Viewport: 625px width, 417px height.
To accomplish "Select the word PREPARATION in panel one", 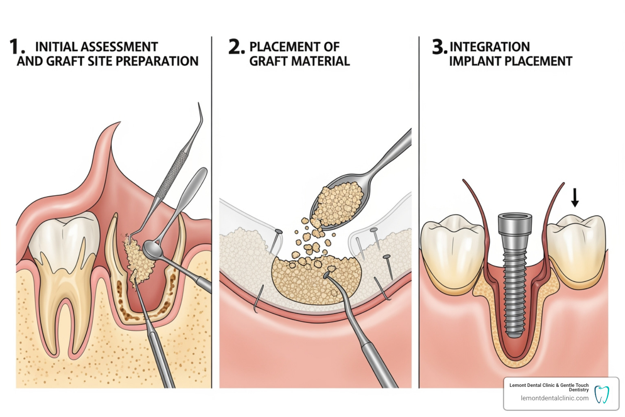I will [160, 61].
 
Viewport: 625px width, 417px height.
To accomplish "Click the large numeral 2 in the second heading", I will [236, 47].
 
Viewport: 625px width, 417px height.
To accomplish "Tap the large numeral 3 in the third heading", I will [439, 47].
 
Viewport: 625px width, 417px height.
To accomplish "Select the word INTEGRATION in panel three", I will [490, 47].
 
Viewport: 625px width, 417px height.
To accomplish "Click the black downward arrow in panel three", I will [575, 198].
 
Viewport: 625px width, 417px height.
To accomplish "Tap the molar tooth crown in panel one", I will [65, 240].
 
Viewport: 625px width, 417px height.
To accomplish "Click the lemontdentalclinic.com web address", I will [554, 398].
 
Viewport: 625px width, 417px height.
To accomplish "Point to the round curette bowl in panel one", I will [151, 250].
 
